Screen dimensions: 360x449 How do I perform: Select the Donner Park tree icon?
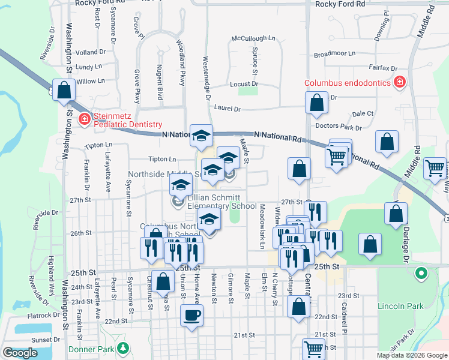pos(122,348)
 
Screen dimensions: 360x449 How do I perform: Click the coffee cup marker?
pos(191,316)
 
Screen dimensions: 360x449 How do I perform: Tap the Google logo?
pos(20,353)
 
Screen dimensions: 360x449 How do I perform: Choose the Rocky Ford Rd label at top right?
pos(340,4)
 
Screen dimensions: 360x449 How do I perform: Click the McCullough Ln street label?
pos(253,38)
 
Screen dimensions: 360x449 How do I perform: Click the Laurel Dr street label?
pos(227,109)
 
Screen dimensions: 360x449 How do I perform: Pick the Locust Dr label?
pos(244,84)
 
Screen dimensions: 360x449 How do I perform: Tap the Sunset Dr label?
pos(41,340)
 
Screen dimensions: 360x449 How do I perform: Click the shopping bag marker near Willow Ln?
pos(64,91)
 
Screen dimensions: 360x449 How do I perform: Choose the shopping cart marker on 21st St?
pos(313,349)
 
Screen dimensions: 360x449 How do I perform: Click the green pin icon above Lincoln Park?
pos(421,275)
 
